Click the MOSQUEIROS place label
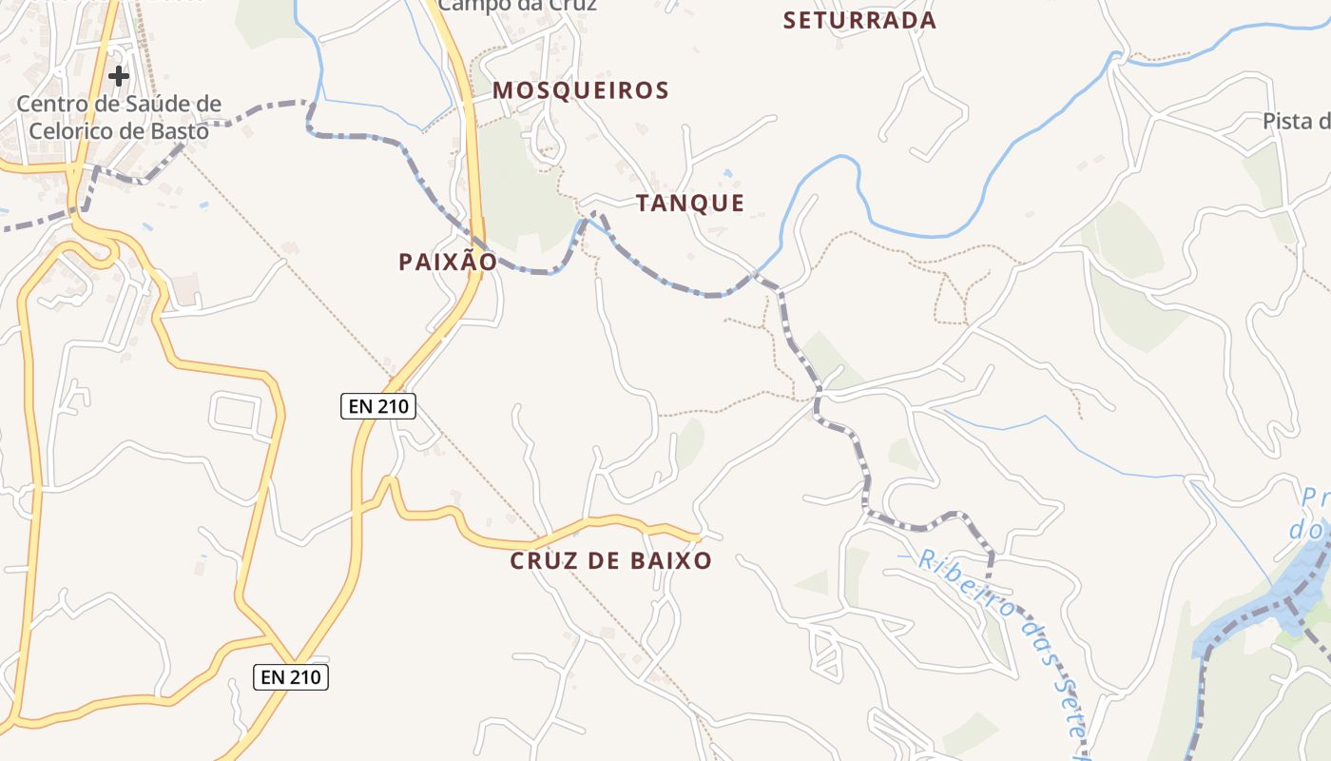click(581, 90)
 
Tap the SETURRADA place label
click(859, 20)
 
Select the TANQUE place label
click(690, 203)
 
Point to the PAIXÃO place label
click(448, 262)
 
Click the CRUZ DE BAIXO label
click(611, 560)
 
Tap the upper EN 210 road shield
click(378, 406)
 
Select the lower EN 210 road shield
click(292, 677)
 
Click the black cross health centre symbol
click(119, 75)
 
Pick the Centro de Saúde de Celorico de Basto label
click(119, 117)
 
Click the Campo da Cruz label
click(518, 6)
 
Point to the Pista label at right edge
click(1296, 121)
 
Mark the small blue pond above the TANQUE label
click(727, 174)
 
